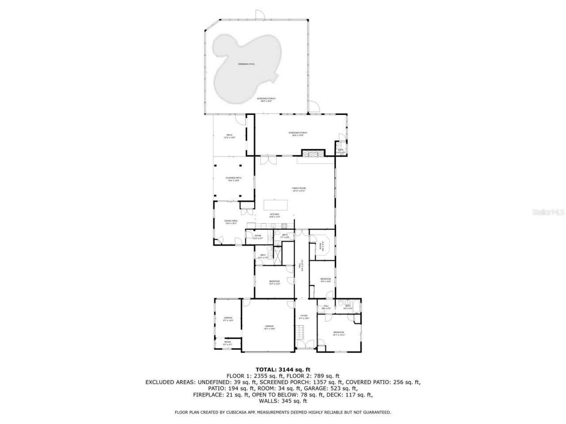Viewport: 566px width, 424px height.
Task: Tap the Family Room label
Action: pos(299,188)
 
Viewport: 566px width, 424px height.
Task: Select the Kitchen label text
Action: pos(275,214)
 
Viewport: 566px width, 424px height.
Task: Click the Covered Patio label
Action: pos(233,178)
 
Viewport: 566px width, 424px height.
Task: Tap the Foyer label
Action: pos(304,315)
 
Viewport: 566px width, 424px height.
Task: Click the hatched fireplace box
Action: pos(313,153)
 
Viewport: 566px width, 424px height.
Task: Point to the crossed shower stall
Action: pos(279,255)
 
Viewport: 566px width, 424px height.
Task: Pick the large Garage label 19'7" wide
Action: pos(267,327)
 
